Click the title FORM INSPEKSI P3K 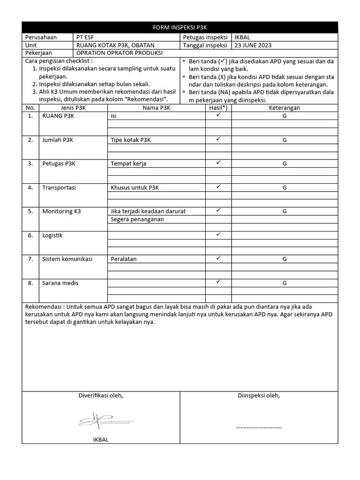click(180, 28)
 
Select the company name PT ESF click(88, 37)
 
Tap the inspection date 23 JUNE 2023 click(253, 45)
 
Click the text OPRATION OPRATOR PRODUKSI click(119, 53)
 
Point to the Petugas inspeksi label click(205, 37)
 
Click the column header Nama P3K click(157, 108)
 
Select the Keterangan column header click(284, 108)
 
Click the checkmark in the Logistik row click(218, 234)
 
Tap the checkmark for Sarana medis click(218, 282)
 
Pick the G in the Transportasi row click(284, 187)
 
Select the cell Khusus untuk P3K click(135, 187)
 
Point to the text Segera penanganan click(137, 219)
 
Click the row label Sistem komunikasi click(67, 259)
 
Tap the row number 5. click(30, 211)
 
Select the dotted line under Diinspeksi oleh click(259, 427)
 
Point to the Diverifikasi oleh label click(100, 396)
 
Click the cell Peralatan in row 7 click(124, 259)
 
